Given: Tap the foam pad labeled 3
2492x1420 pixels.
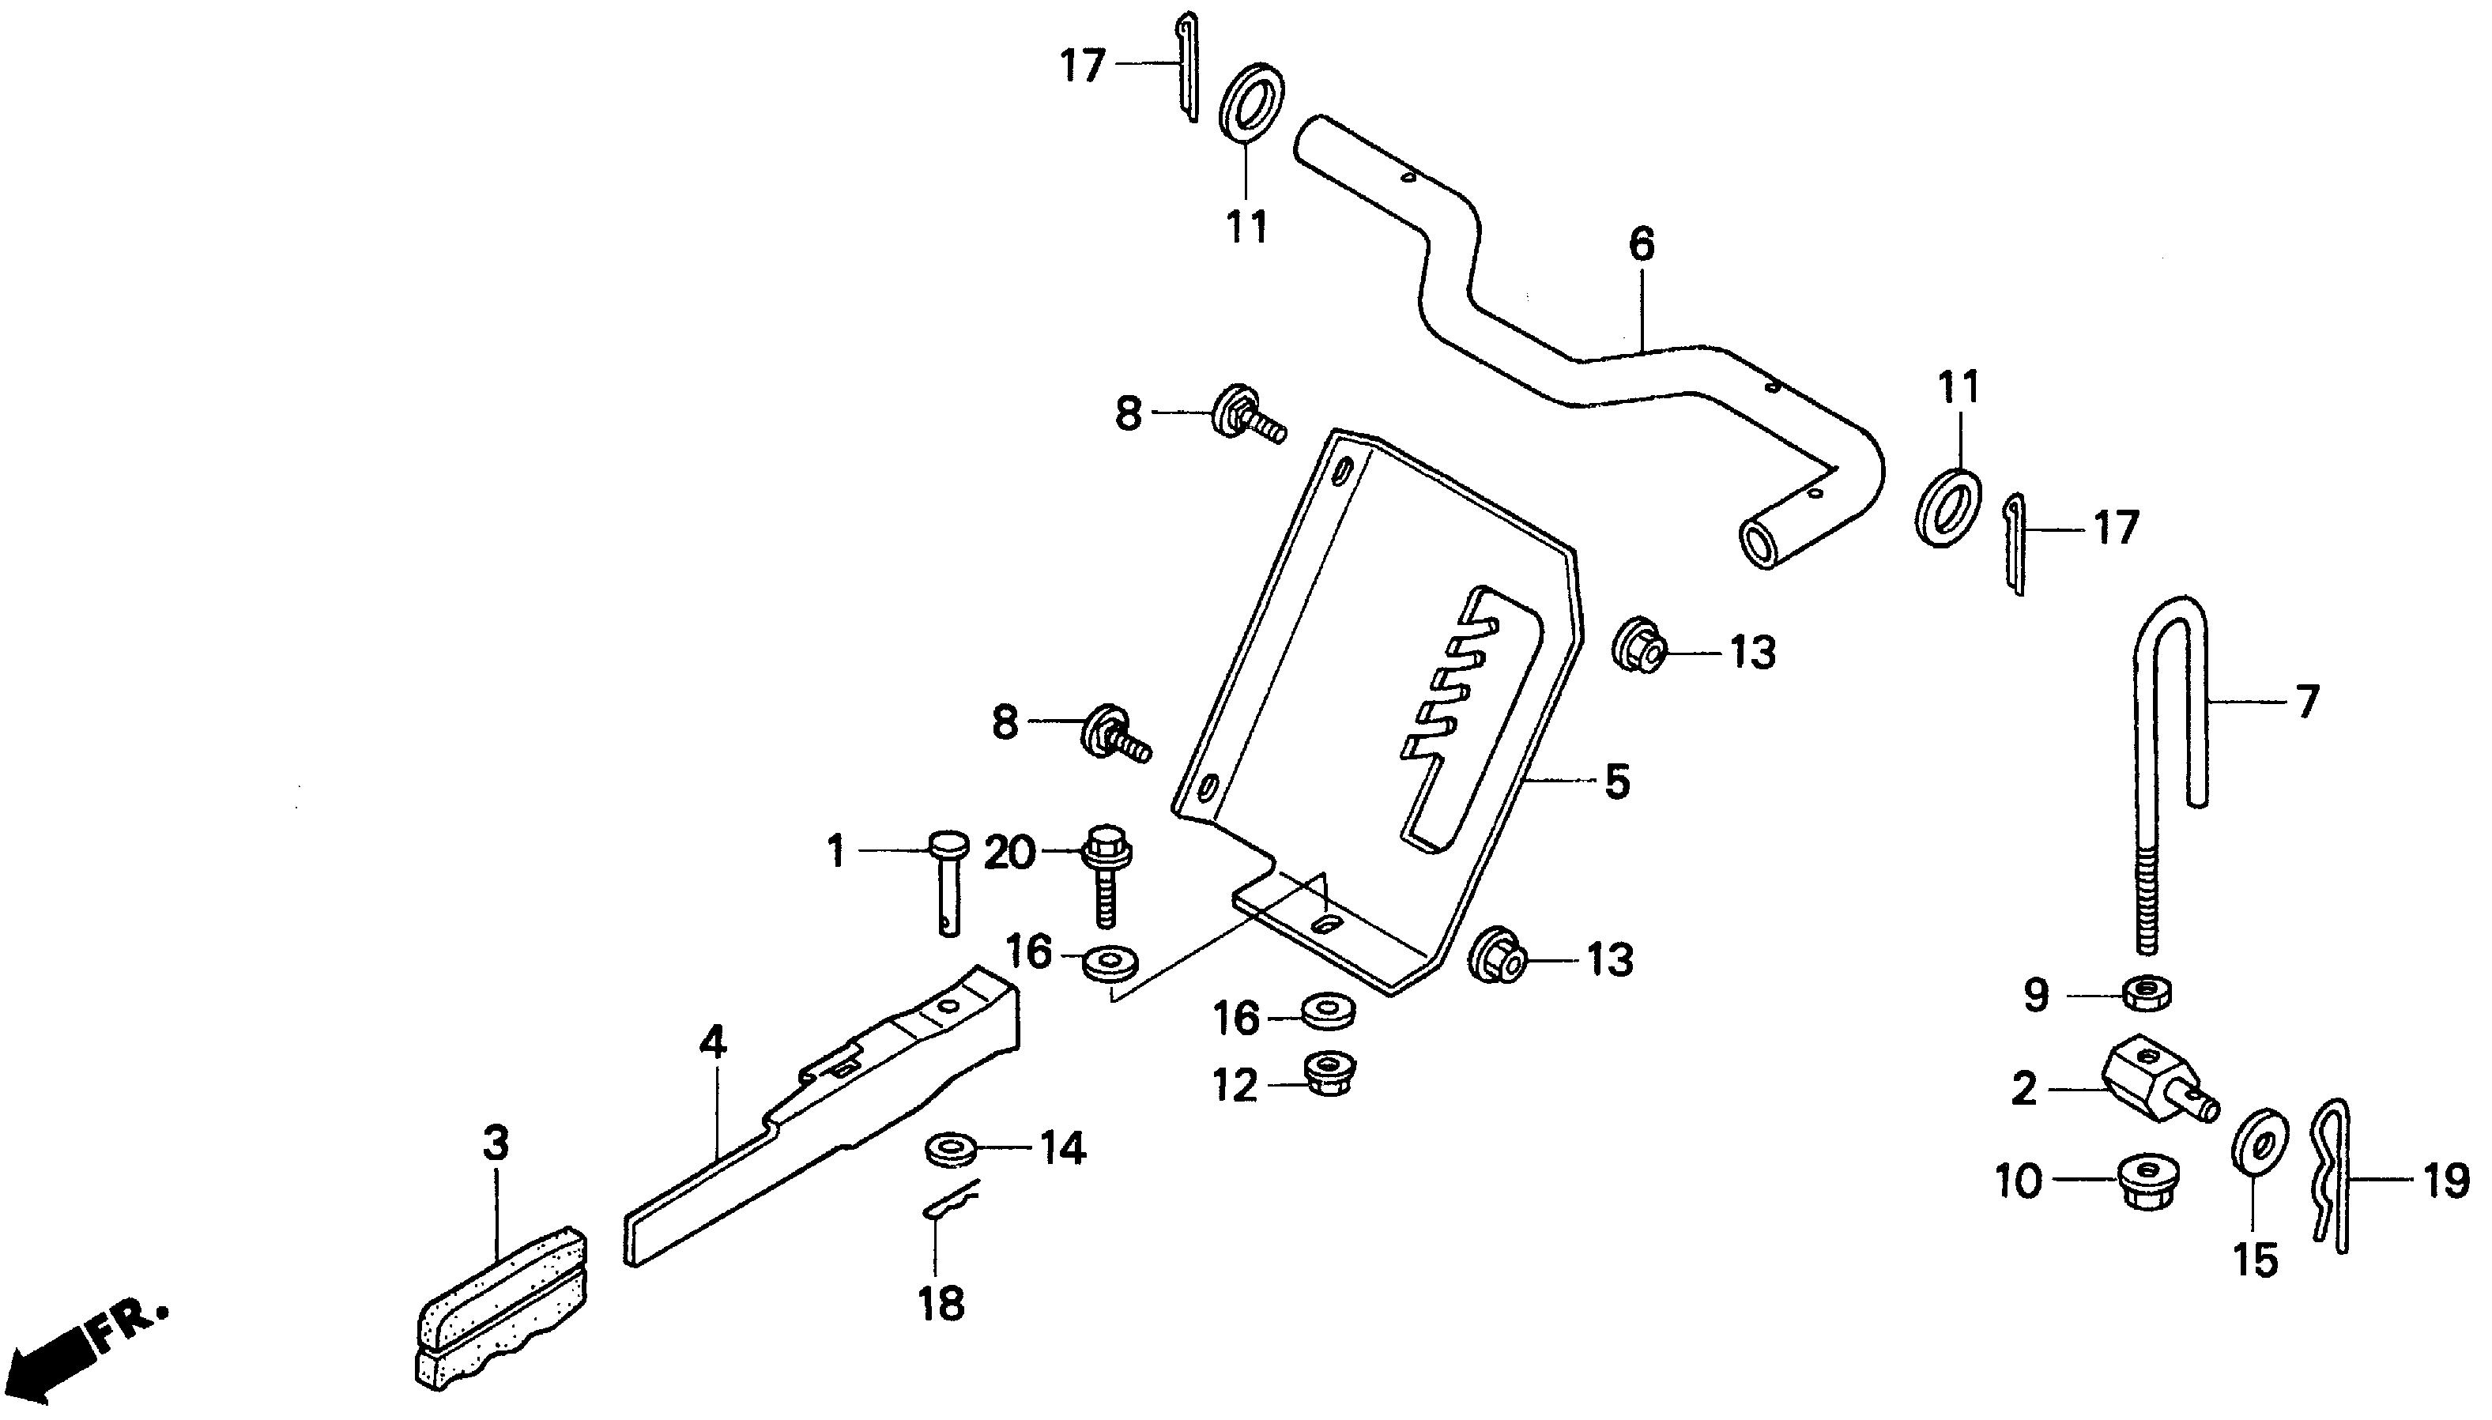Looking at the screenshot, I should [x=500, y=1312].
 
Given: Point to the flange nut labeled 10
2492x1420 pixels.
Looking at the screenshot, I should [x=2150, y=1182].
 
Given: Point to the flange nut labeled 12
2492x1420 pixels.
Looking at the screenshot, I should [x=1325, y=1074].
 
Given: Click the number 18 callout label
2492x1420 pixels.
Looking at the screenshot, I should [x=941, y=1303].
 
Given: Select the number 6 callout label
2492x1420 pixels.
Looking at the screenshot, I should [x=1642, y=244].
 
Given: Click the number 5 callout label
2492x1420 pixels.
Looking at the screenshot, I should [x=1616, y=782].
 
